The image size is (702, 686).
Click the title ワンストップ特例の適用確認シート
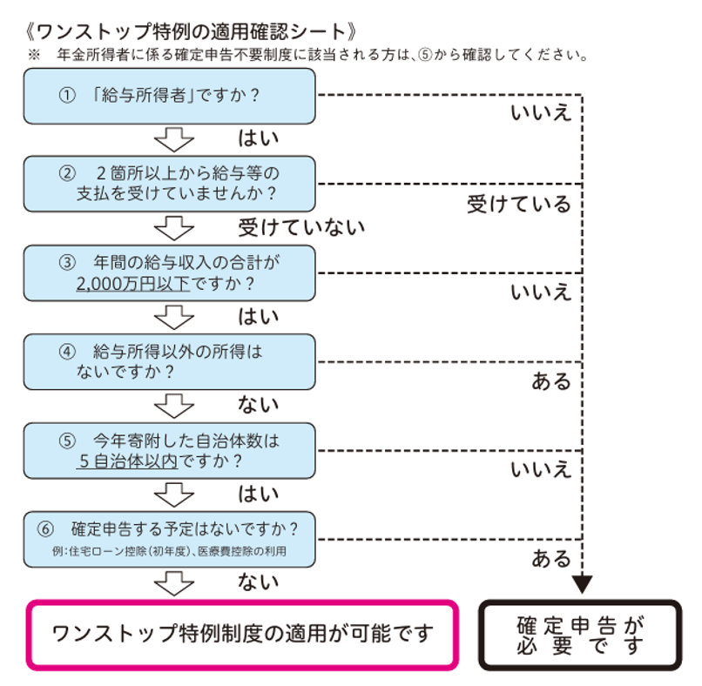pyautogui.click(x=191, y=31)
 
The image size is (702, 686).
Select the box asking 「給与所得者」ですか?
pyautogui.click(x=169, y=96)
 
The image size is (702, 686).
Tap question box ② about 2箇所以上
pyautogui.click(x=169, y=184)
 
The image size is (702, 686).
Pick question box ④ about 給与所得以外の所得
pyautogui.click(x=169, y=361)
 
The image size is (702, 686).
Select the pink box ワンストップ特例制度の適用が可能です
pyautogui.click(x=242, y=635)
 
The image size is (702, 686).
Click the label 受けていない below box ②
pyautogui.click(x=301, y=228)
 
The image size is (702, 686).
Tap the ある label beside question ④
pyautogui.click(x=551, y=381)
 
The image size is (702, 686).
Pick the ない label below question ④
pyautogui.click(x=258, y=405)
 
